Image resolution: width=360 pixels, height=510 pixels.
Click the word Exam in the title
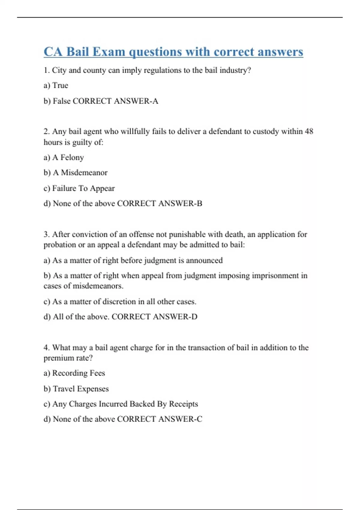coord(109,52)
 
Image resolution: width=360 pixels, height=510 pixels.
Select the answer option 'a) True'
coord(56,85)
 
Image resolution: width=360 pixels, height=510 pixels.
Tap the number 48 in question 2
coord(309,131)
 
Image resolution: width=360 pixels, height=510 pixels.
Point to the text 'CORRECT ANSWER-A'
coord(115,101)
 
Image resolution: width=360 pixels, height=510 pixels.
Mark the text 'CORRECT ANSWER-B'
coord(160,203)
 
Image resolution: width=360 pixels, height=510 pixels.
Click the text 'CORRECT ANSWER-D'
coord(154,317)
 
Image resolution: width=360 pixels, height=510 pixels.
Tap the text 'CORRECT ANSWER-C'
coord(160,419)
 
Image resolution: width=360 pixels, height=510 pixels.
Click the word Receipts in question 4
coord(183,404)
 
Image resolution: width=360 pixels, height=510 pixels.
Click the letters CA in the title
coord(53,52)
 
